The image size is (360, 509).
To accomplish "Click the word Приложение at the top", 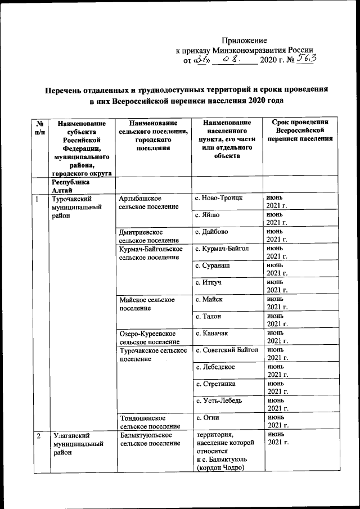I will pyautogui.click(x=244, y=40).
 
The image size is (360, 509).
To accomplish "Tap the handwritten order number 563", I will pyautogui.click(x=306, y=59).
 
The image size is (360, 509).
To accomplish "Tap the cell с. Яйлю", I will pyautogui.click(x=209, y=215).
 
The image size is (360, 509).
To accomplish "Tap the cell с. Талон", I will pyautogui.click(x=209, y=316).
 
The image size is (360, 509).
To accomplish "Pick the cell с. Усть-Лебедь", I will pyautogui.click(x=218, y=400).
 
